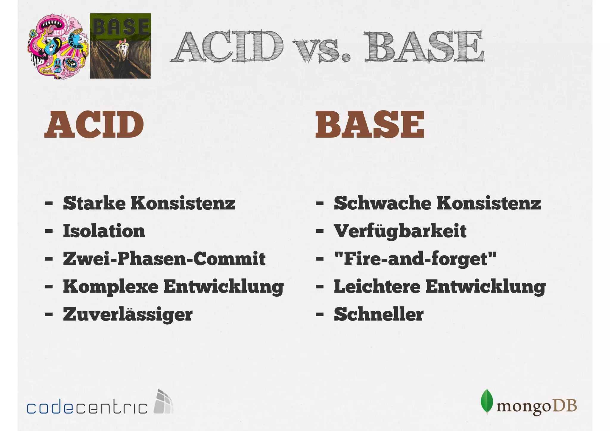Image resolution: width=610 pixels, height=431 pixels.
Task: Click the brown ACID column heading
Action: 94,125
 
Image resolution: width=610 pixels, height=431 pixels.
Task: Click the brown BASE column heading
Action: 370,125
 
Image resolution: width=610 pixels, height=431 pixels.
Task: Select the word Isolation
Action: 104,231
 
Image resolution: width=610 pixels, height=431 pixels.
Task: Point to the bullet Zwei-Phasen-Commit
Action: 164,259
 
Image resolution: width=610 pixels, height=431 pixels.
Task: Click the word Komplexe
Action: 111,287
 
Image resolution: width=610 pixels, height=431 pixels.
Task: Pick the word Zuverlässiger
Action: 128,315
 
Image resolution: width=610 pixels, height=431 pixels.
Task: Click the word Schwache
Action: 382,203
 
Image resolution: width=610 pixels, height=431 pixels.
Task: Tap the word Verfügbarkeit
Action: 400,231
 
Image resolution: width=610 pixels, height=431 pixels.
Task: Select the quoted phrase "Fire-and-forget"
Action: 415,259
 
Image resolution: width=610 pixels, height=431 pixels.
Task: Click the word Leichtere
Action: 377,287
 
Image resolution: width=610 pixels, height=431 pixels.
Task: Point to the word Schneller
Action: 379,315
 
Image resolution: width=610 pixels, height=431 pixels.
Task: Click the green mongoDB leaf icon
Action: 487,402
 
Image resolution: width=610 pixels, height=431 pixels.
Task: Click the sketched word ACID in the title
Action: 228,47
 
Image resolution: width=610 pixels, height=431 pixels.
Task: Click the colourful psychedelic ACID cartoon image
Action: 58,46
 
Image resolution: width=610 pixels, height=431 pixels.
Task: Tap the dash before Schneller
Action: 320,315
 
